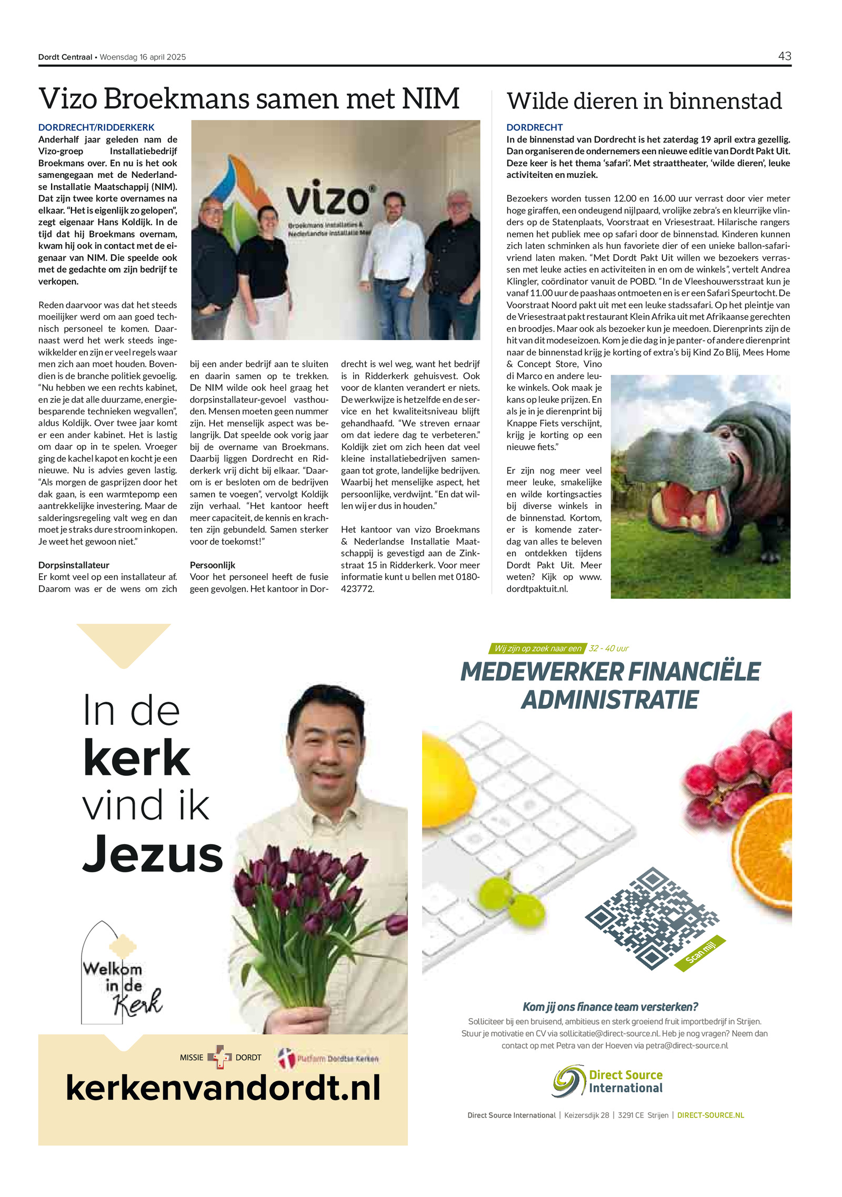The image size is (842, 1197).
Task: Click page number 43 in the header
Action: coord(784,56)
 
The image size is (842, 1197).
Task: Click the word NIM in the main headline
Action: coord(430,98)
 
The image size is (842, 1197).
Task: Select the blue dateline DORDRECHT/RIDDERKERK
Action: coord(96,127)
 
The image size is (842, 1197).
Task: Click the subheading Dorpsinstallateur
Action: coord(74,565)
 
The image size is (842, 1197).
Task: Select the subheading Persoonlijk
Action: coord(212,565)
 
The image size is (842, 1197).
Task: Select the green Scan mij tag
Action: coord(700,953)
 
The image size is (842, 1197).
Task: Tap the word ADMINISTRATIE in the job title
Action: coord(609,700)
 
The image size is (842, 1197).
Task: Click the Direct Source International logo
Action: coord(608,1081)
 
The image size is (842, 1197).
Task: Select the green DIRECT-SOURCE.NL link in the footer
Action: coord(710,1115)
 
